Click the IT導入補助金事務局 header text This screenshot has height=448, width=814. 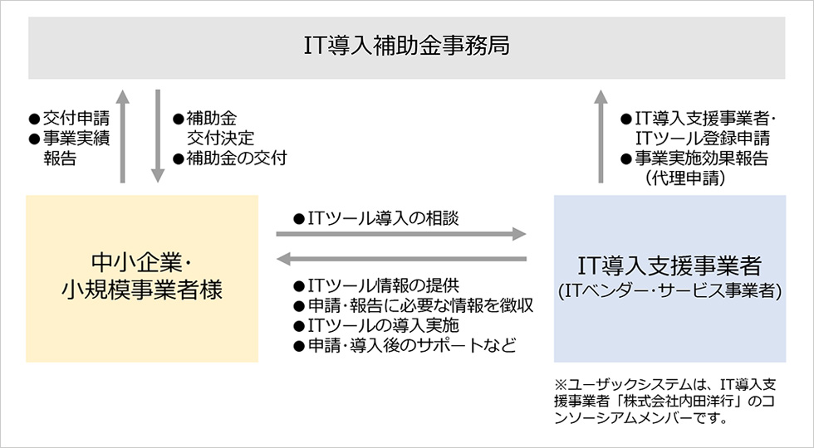click(406, 46)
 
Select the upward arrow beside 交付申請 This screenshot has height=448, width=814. click(122, 136)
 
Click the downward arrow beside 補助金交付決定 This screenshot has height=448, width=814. click(158, 136)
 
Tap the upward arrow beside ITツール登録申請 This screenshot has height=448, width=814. click(601, 136)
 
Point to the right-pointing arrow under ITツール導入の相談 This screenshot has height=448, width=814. click(401, 234)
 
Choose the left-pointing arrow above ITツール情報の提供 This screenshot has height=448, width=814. click(401, 258)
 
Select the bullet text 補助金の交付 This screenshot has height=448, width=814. click(236, 158)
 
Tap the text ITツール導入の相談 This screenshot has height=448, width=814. click(384, 218)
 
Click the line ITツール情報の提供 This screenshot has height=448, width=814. click(384, 285)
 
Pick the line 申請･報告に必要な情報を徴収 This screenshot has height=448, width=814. click(420, 305)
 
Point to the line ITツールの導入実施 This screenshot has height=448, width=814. click(384, 325)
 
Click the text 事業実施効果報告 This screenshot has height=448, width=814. click(701, 158)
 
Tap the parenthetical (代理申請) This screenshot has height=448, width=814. click(684, 178)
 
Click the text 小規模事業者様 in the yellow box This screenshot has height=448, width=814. click(142, 290)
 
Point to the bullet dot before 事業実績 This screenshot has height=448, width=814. click(34, 139)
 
